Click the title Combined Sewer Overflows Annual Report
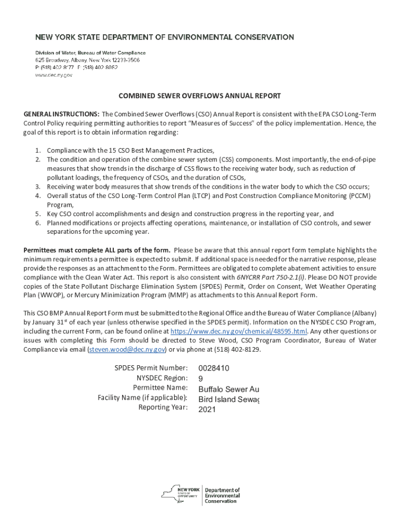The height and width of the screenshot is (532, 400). [200, 96]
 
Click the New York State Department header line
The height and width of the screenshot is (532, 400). [164, 37]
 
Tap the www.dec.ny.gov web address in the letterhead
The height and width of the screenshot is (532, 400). [54, 75]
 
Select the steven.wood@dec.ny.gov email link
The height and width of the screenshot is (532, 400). [127, 350]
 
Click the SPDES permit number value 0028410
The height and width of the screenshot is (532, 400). [214, 368]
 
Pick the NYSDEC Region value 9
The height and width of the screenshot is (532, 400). [201, 379]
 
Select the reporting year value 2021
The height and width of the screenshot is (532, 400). [207, 409]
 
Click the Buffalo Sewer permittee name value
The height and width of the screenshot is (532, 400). [229, 389]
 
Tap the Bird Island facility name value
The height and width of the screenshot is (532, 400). [229, 399]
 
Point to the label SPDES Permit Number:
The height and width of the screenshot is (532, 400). [151, 368]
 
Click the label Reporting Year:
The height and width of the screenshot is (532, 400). [163, 407]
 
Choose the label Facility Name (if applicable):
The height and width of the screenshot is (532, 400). [142, 398]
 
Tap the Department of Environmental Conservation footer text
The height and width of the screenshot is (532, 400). [222, 496]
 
